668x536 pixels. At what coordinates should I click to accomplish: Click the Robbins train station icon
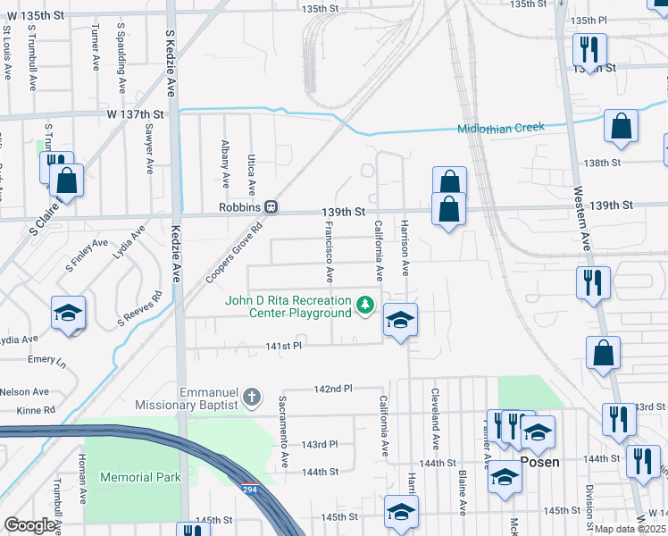(271, 207)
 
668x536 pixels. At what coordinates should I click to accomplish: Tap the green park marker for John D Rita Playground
(364, 306)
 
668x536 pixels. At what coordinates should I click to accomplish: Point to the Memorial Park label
(140, 477)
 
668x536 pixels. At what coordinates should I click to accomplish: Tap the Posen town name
(540, 462)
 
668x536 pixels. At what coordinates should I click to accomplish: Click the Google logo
(29, 525)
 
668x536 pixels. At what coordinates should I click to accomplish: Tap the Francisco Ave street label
(329, 250)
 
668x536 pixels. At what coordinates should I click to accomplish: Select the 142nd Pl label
(334, 389)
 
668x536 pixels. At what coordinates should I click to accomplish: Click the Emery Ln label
(46, 361)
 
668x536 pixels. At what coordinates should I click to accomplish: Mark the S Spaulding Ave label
(121, 59)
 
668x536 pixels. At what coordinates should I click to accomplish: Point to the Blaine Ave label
(463, 493)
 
